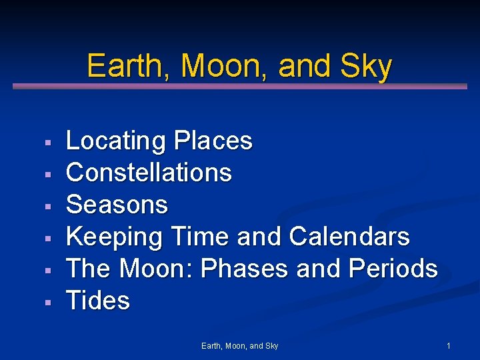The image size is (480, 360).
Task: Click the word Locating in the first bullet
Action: [x=116, y=141]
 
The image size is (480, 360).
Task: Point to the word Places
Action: [x=213, y=141]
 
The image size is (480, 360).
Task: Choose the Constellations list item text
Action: [x=149, y=173]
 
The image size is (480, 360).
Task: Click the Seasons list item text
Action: [x=117, y=205]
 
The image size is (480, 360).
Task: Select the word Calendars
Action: [x=349, y=237]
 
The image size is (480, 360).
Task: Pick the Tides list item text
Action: [x=98, y=301]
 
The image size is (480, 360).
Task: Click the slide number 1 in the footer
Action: [x=449, y=346]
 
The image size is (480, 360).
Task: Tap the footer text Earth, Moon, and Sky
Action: [x=240, y=346]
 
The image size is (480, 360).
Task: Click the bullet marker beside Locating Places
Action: [x=48, y=143]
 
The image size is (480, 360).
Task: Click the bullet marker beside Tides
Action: [x=48, y=303]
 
